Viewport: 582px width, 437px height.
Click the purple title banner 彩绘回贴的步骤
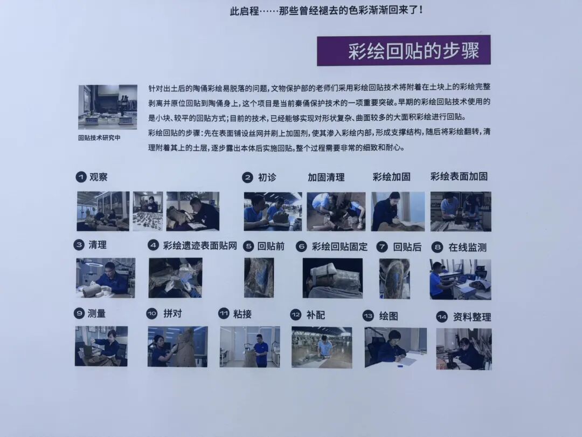[x=403, y=51]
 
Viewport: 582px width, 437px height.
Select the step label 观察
[x=99, y=177]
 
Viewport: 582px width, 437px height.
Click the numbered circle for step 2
[x=247, y=177]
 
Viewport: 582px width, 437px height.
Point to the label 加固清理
[x=326, y=177]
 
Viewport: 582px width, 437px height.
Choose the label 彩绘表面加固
[x=459, y=176]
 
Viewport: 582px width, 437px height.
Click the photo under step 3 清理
[x=105, y=278]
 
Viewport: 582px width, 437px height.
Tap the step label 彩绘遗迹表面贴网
[x=200, y=246]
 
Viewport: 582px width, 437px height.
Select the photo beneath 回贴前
[x=259, y=278]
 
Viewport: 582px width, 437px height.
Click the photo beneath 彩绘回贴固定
[x=332, y=278]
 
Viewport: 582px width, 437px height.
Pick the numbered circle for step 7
[x=382, y=247]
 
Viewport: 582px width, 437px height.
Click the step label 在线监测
[x=467, y=247]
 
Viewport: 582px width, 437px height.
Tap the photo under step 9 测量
[x=101, y=346]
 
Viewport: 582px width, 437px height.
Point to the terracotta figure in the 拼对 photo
[x=184, y=346]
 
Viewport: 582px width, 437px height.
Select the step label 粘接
[x=242, y=313]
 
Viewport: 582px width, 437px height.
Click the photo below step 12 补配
[x=322, y=347]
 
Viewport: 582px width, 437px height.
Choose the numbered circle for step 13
[x=368, y=316]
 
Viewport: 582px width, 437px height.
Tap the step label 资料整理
[x=472, y=317]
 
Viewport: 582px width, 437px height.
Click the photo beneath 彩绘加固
[x=398, y=211]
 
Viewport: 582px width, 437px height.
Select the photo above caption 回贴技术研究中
[x=107, y=107]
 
